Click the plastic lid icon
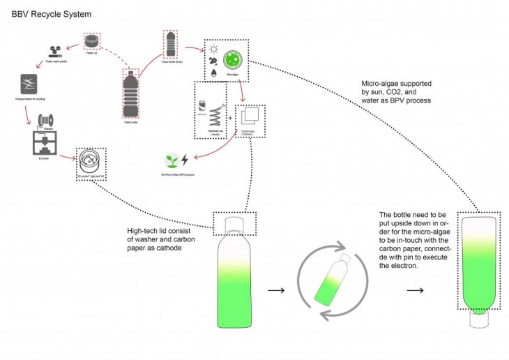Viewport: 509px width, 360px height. [x=91, y=42]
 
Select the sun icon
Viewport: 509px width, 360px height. [x=213, y=49]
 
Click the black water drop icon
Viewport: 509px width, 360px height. [x=213, y=73]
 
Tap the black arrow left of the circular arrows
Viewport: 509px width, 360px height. [x=277, y=289]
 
